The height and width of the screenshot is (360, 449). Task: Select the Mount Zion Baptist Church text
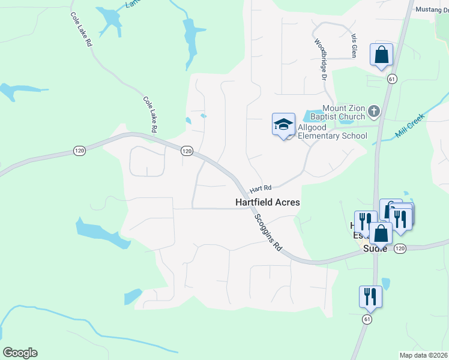(x=344, y=112)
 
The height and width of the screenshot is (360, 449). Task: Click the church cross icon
(x=373, y=110)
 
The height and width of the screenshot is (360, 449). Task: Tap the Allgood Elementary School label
(x=333, y=136)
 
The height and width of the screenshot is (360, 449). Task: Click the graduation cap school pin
(x=283, y=125)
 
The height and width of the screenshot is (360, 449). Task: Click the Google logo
(x=20, y=353)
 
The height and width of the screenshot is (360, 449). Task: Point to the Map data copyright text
(x=424, y=355)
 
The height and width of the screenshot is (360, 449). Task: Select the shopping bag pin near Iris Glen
(x=381, y=55)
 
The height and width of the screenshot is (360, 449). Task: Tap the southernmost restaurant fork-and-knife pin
(x=370, y=296)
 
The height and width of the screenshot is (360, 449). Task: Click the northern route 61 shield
(x=392, y=79)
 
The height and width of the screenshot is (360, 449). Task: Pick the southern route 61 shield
(x=367, y=320)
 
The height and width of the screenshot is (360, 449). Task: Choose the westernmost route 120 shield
(x=79, y=151)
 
